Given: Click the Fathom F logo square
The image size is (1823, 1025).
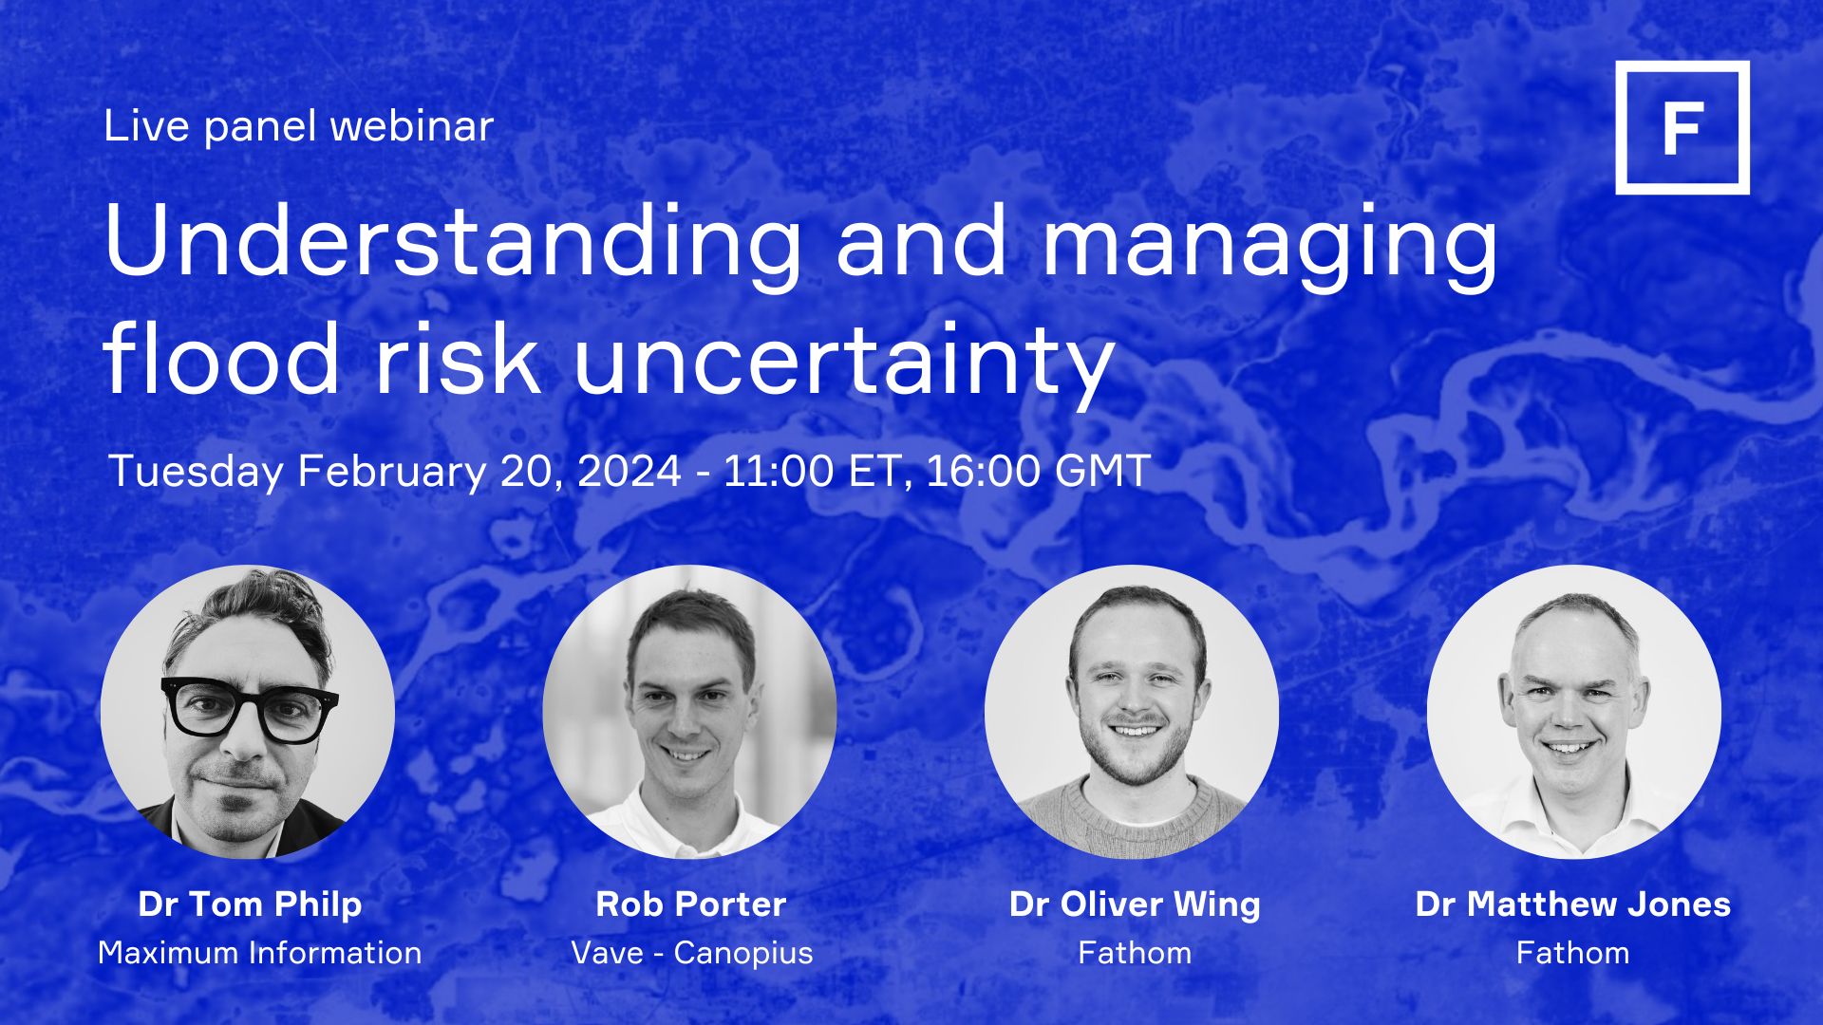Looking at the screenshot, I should [x=1682, y=128].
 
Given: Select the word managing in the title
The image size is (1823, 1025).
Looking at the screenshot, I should [x=1269, y=244].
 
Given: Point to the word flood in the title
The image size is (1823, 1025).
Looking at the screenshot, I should [x=221, y=358].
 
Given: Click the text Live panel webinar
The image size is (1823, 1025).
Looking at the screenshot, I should [x=298, y=126].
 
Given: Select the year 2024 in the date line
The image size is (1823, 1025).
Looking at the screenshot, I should [x=629, y=471].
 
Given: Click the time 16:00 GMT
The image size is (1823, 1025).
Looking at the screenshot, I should [x=1038, y=471].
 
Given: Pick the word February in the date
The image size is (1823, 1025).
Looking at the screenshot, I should [x=391, y=472].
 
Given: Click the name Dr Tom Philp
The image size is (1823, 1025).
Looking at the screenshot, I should [x=250, y=904].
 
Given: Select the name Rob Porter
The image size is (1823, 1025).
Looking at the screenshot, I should [x=690, y=904].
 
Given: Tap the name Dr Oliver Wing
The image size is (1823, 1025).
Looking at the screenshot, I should [x=1135, y=904].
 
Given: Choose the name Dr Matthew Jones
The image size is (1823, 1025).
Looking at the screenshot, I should [x=1572, y=904].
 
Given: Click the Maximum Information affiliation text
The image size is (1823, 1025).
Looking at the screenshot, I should [x=259, y=952].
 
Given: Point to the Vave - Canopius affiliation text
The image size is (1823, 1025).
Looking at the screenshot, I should [x=691, y=952].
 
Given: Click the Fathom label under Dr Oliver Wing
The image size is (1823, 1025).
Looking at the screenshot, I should [x=1135, y=952].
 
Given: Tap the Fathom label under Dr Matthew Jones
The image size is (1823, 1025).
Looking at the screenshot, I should [x=1572, y=952].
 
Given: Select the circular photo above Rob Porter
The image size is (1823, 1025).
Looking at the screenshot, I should [x=689, y=712].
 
